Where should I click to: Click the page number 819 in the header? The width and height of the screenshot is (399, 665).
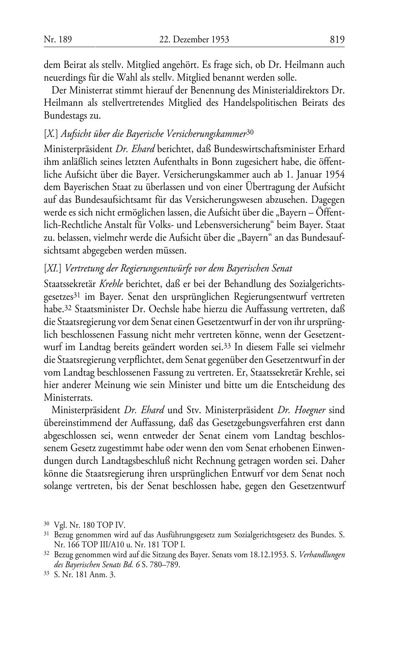337,39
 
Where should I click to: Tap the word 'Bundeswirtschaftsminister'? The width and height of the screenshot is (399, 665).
259,149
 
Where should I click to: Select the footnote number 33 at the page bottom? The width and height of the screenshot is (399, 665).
46,575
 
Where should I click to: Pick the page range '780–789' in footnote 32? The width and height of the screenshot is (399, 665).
165,565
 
